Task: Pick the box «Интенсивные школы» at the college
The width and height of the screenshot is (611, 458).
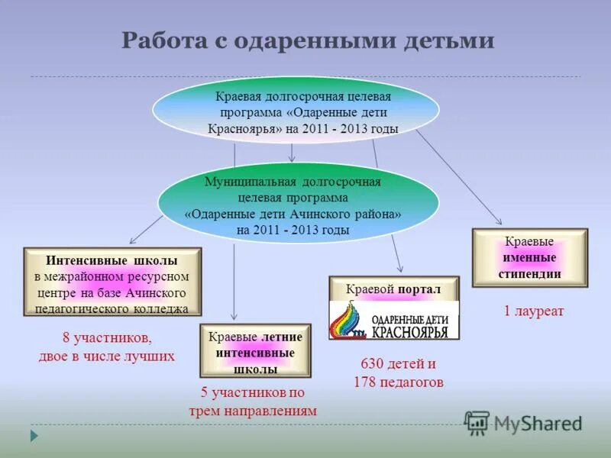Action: tap(112, 281)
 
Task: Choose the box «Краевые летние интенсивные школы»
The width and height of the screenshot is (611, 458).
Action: tap(255, 350)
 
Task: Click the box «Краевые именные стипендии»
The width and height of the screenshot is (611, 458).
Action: tap(530, 257)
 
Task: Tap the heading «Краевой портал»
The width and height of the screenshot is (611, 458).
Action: tap(394, 289)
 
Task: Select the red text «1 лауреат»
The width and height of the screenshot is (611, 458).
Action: tap(533, 311)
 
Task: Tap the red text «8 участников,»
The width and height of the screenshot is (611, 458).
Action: tap(107, 337)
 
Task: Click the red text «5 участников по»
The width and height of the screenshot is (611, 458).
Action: tap(253, 392)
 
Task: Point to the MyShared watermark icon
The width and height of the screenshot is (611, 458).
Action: tap(477, 422)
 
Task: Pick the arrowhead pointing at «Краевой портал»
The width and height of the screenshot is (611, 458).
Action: tap(399, 267)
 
